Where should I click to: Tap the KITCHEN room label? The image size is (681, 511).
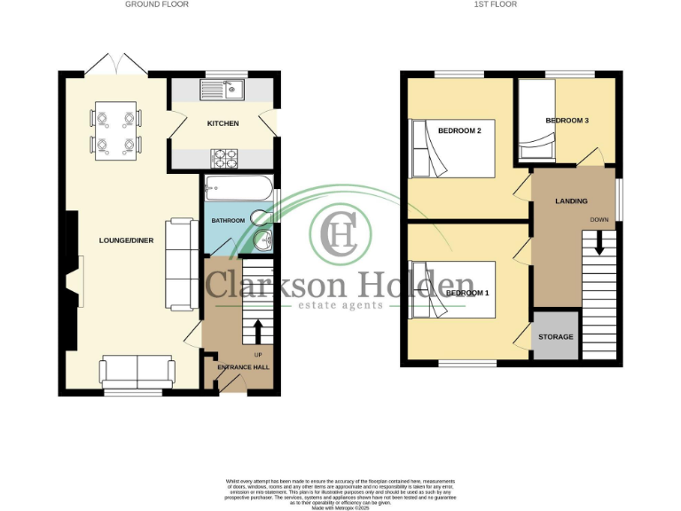pyautogui.click(x=223, y=123)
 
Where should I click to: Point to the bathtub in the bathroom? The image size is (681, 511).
pyautogui.click(x=238, y=189)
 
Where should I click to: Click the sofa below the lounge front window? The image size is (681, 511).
pyautogui.click(x=136, y=370)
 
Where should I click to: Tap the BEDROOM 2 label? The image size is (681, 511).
pyautogui.click(x=463, y=131)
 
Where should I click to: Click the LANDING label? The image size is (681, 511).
pyautogui.click(x=571, y=201)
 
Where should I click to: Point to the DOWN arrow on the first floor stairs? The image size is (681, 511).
pyautogui.click(x=599, y=241)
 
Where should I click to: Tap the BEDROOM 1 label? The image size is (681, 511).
pyautogui.click(x=466, y=293)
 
